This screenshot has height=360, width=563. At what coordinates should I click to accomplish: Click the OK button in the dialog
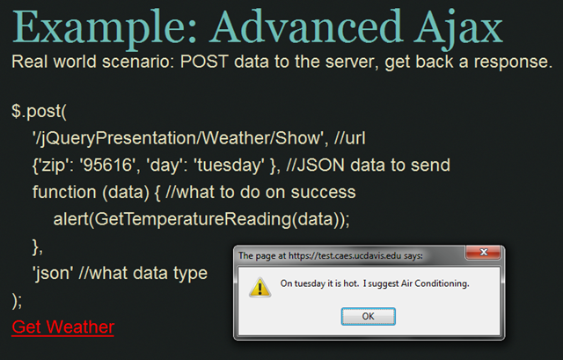coord(368,316)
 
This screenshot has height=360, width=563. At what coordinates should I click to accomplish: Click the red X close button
coord(483,253)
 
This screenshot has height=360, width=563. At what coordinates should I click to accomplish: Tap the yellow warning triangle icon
coord(260,287)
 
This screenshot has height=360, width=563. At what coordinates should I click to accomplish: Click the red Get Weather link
coord(62,327)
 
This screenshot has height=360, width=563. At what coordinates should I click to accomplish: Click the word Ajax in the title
coord(458,28)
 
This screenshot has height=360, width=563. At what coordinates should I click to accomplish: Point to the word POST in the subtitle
coord(204,62)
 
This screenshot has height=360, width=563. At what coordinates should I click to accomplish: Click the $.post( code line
coord(39,112)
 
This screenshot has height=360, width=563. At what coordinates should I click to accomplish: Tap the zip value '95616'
coord(109,165)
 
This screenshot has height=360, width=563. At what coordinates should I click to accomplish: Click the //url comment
coord(349,138)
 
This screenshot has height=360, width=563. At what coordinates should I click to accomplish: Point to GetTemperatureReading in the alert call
coord(193,219)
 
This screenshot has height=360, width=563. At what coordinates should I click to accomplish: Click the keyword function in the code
coord(64,192)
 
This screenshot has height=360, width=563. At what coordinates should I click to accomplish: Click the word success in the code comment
coord(323,192)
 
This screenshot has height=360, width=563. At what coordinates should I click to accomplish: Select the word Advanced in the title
coord(306,27)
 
